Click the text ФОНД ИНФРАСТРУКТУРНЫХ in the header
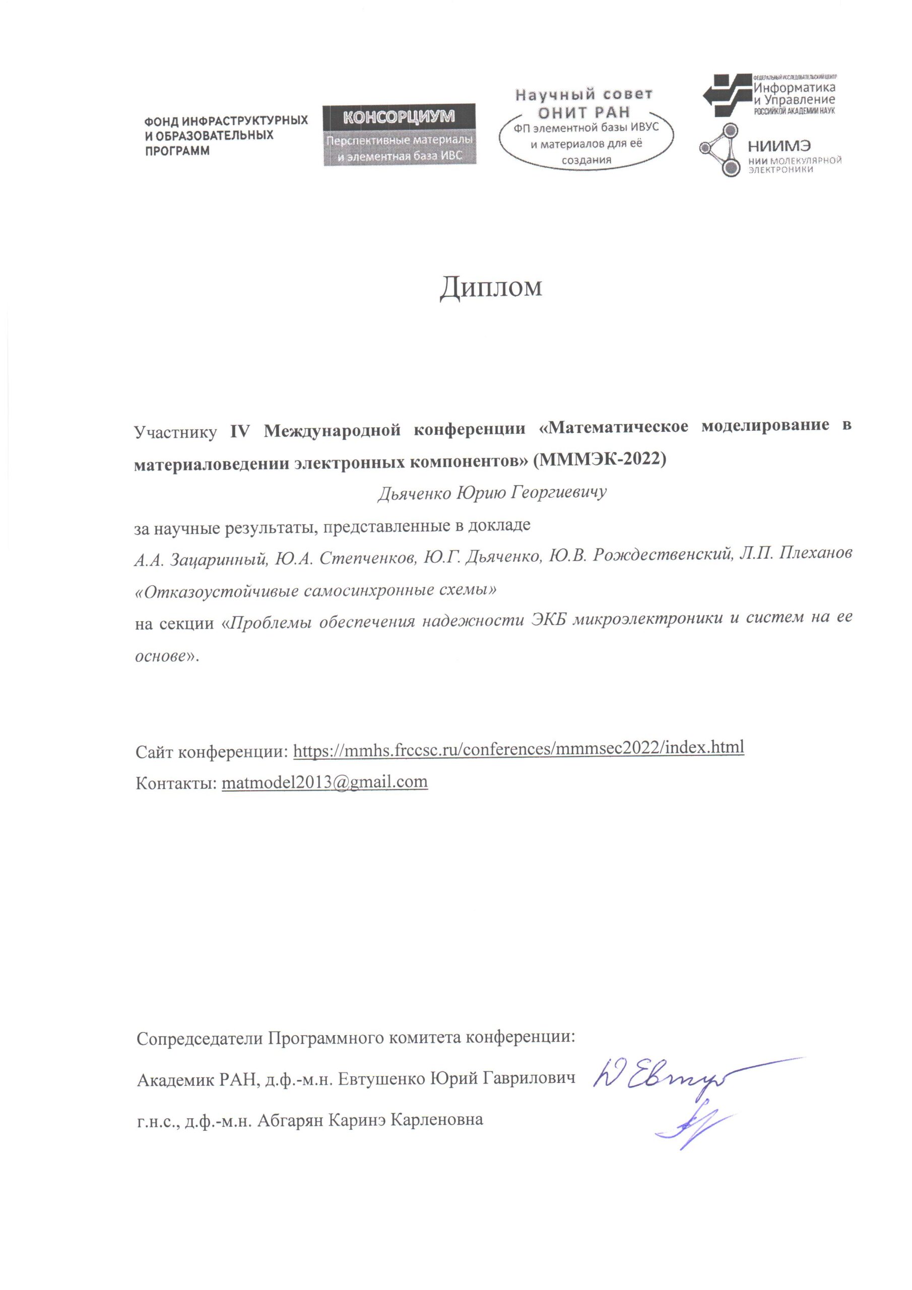[x=226, y=120]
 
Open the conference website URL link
[x=518, y=747]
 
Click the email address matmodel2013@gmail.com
[x=325, y=782]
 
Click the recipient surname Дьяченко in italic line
[x=414, y=493]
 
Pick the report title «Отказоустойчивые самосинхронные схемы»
[x=316, y=591]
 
